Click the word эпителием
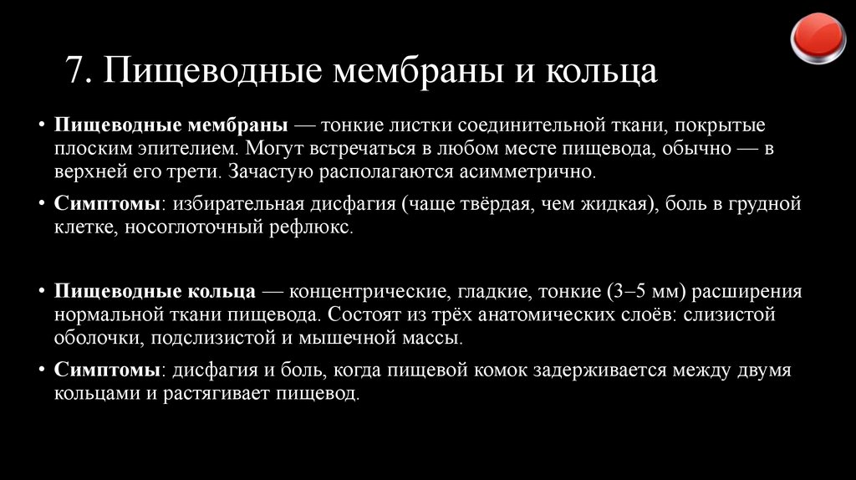point(194,150)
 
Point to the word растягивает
point(203,394)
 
